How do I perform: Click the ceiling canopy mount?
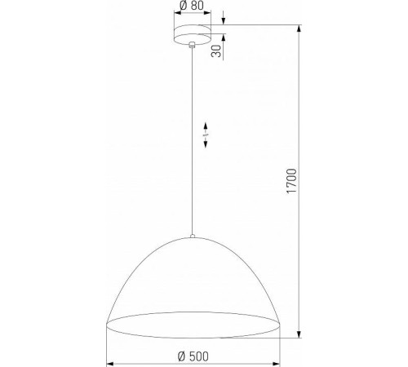(x=192, y=35)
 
